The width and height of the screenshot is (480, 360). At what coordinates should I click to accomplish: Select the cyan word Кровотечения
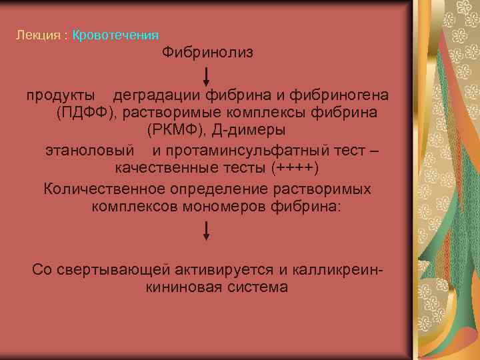(x=115, y=35)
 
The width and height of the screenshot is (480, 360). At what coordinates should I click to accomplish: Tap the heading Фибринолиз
(x=207, y=52)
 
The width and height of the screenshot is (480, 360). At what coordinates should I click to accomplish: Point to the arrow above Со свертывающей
(x=207, y=231)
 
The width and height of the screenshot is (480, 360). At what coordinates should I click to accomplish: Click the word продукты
(x=59, y=95)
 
